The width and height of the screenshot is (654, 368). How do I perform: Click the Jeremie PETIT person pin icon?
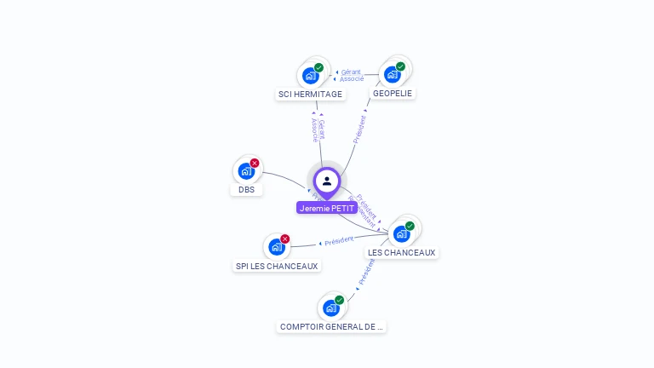327,181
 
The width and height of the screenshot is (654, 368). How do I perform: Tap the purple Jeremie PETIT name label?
327,208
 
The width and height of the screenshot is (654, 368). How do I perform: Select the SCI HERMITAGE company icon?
310,76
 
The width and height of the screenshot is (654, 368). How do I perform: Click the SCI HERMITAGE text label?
310,95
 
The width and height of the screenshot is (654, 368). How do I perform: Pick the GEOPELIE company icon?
393,74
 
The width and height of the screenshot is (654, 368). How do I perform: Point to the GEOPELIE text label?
393,93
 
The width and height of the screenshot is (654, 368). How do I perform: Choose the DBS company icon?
246,170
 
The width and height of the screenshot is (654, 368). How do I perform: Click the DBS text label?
246,189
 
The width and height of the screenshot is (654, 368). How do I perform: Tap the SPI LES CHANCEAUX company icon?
277,247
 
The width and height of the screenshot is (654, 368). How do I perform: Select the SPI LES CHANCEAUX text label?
277,266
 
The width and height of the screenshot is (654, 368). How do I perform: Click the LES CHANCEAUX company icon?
401,233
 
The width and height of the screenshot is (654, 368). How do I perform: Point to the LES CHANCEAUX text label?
401,252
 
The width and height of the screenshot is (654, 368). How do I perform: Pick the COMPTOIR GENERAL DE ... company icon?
331,308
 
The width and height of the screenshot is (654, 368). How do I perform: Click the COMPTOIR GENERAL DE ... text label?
331,326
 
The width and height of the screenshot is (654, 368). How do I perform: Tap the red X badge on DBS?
255,163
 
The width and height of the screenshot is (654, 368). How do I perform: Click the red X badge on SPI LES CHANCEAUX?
285,239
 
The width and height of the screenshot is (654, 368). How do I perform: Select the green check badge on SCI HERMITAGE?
318,67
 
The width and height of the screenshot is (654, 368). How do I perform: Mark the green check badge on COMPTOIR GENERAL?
339,300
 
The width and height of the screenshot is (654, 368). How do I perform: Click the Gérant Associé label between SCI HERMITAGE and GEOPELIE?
351,75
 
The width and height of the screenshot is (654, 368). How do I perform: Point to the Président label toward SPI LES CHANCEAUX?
338,241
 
